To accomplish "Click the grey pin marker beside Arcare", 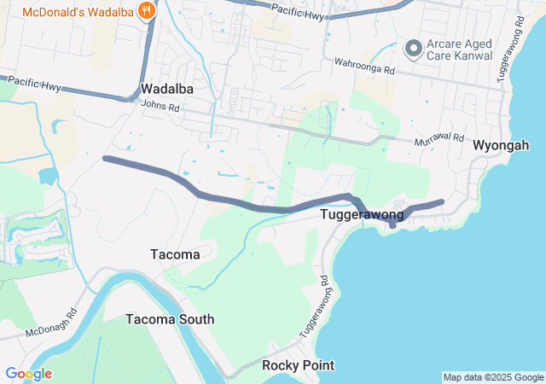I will click(x=414, y=48).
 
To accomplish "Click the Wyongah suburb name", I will click(x=501, y=146).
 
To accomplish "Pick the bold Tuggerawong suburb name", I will click(x=362, y=215).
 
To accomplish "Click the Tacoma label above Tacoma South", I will click(x=175, y=254).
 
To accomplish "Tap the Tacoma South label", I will click(x=170, y=319).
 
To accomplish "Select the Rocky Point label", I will click(x=298, y=365).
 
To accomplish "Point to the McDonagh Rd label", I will click(x=51, y=321).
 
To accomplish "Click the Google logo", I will click(x=28, y=374).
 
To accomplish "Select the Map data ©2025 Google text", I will click(x=493, y=377).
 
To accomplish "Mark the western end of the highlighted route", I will click(x=105, y=159).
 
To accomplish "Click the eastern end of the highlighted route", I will click(x=442, y=202).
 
